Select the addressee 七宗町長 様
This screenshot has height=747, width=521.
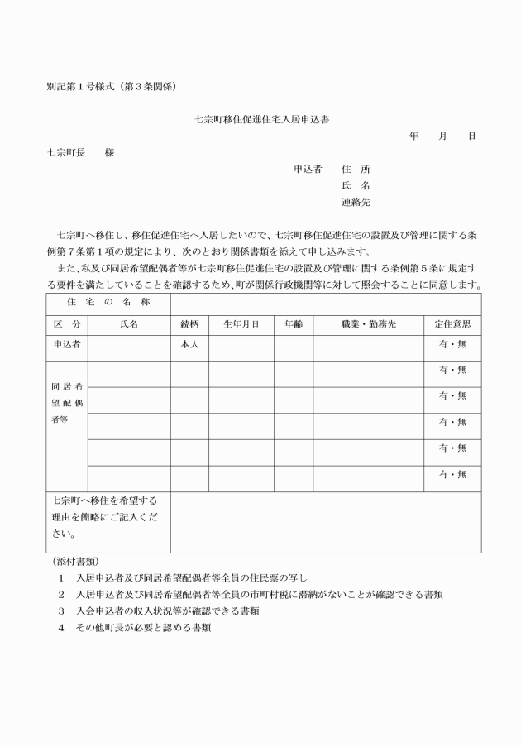tap(80, 152)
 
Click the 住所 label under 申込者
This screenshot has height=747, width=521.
tap(356, 169)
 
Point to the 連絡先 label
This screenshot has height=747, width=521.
tap(356, 202)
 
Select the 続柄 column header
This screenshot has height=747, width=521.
tap(189, 324)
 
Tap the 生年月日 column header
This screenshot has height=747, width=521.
tap(241, 324)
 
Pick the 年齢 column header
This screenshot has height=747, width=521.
tap(293, 324)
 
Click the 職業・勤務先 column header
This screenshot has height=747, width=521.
tap(368, 324)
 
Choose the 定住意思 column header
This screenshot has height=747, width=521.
tap(452, 324)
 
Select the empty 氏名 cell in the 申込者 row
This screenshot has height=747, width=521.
tap(129, 347)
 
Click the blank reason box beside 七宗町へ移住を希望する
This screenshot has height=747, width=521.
tap(326, 522)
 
